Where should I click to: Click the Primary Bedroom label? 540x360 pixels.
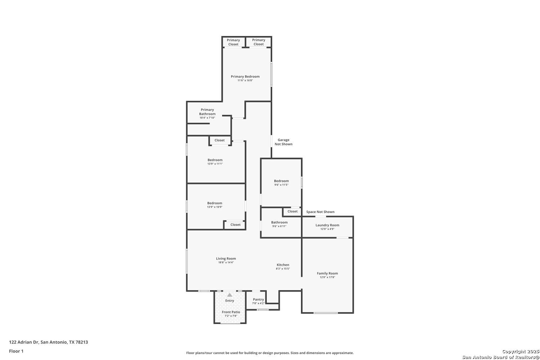click(x=245, y=76)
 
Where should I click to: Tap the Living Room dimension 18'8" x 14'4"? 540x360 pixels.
click(x=226, y=262)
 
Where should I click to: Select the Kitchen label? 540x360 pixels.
click(x=283, y=265)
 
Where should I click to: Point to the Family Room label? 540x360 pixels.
click(x=327, y=273)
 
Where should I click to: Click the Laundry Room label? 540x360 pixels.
click(x=327, y=225)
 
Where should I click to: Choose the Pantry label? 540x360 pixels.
click(x=258, y=300)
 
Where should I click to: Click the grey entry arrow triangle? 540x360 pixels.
click(x=230, y=295)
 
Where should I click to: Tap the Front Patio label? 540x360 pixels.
click(x=231, y=312)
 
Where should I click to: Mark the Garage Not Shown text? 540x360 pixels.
click(x=284, y=142)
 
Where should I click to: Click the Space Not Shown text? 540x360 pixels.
click(x=320, y=212)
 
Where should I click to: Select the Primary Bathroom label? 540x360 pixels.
click(x=207, y=112)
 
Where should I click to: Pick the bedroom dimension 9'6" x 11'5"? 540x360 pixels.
click(x=281, y=185)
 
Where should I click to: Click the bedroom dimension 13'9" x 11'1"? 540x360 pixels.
click(x=215, y=164)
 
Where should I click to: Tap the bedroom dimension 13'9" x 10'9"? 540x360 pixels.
click(x=215, y=207)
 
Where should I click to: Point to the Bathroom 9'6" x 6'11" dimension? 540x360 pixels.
click(x=279, y=226)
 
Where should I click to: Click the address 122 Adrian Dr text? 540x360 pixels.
click(x=24, y=342)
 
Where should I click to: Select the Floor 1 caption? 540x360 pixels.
click(x=16, y=351)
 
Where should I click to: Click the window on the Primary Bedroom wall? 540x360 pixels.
click(x=271, y=74)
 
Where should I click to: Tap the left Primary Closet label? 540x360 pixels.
click(x=233, y=42)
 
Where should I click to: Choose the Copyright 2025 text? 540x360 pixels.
click(x=521, y=352)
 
